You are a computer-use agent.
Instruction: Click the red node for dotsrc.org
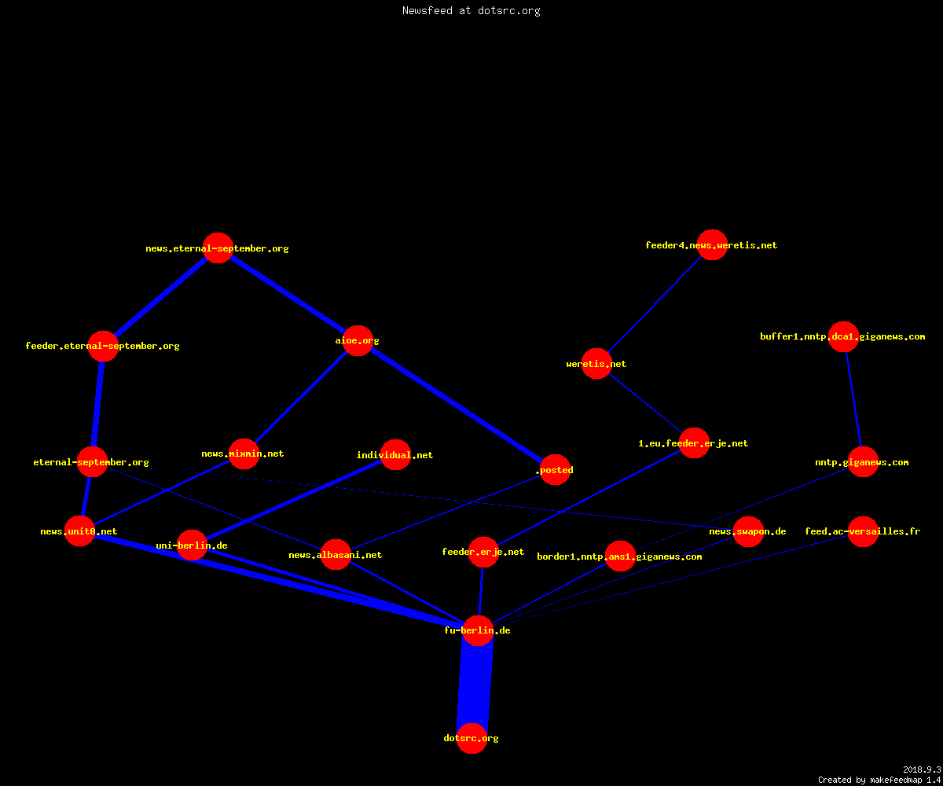pyautogui.click(x=472, y=738)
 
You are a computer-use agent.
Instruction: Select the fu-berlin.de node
pyautogui.click(x=478, y=630)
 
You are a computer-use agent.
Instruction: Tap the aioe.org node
pyautogui.click(x=358, y=340)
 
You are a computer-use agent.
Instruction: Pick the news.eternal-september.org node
pyautogui.click(x=218, y=248)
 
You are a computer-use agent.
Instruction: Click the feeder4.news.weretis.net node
pyautogui.click(x=712, y=244)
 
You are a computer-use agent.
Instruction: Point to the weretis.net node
pyautogui.click(x=596, y=364)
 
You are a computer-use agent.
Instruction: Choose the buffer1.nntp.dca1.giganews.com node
pyautogui.click(x=843, y=336)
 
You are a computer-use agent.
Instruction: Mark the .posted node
pyautogui.click(x=555, y=470)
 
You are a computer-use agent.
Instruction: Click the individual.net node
pyautogui.click(x=395, y=455)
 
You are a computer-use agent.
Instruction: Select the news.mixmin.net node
pyautogui.click(x=244, y=454)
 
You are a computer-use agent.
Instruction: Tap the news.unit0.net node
pyautogui.click(x=80, y=531)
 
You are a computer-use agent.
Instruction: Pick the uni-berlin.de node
pyautogui.click(x=192, y=545)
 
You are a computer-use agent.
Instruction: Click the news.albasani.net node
pyautogui.click(x=336, y=555)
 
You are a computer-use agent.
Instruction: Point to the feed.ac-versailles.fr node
pyautogui.click(x=863, y=531)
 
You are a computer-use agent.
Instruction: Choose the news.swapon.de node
pyautogui.click(x=748, y=531)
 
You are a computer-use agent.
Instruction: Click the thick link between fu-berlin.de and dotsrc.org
pyautogui.click(x=475, y=685)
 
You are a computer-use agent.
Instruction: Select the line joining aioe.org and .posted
pyautogui.click(x=456, y=406)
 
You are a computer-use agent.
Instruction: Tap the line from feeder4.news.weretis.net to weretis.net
pyautogui.click(x=655, y=304)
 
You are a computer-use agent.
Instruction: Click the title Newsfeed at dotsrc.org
pyautogui.click(x=471, y=10)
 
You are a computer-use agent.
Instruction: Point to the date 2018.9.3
pyautogui.click(x=922, y=769)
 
